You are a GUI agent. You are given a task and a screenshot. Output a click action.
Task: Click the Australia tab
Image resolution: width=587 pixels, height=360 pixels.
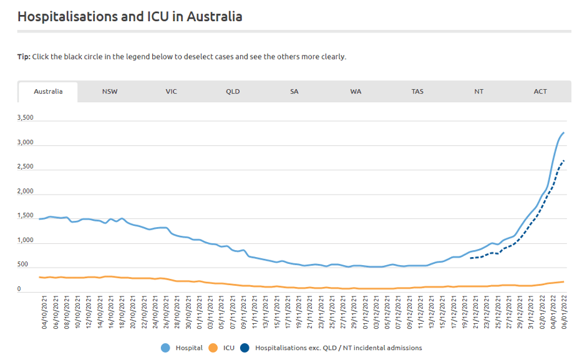pyautogui.click(x=48, y=92)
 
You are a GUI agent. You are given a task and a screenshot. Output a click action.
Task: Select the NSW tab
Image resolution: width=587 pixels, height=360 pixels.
pyautogui.click(x=110, y=92)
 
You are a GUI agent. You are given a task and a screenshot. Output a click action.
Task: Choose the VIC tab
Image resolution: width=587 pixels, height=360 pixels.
pyautogui.click(x=171, y=92)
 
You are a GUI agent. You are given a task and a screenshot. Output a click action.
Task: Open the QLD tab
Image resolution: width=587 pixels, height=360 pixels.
pyautogui.click(x=233, y=92)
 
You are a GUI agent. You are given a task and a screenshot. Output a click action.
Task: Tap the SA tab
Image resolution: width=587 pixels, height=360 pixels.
pyautogui.click(x=294, y=92)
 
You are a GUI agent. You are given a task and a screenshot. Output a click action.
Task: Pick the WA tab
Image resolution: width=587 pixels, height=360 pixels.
pyautogui.click(x=356, y=92)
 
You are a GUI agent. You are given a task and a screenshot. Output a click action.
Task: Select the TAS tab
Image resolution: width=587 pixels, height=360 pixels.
pyautogui.click(x=417, y=92)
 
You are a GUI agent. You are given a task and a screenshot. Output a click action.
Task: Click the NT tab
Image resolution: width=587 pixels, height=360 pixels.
pyautogui.click(x=478, y=92)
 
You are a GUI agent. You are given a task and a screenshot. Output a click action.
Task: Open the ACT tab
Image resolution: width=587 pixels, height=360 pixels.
pyautogui.click(x=540, y=92)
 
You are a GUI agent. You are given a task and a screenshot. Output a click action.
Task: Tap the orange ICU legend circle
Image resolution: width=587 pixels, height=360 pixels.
pyautogui.click(x=212, y=348)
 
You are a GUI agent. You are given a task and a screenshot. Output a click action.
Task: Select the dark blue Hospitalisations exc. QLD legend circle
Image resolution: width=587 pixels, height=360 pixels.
pyautogui.click(x=246, y=348)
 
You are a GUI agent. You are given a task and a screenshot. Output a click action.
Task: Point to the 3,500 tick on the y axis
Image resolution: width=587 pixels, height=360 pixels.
pyautogui.click(x=26, y=118)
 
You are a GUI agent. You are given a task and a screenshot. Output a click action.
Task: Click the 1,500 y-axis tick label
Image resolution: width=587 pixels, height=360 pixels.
pyautogui.click(x=26, y=216)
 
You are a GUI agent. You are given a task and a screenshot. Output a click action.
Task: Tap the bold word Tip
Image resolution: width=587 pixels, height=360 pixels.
pyautogui.click(x=23, y=57)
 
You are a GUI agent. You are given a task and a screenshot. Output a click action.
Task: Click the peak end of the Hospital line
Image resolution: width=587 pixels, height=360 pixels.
pyautogui.click(x=564, y=132)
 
